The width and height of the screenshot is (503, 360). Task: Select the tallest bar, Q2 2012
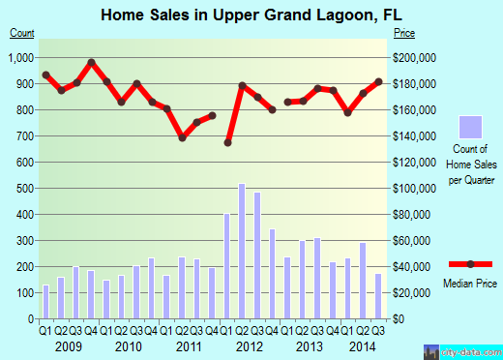(x=241, y=251)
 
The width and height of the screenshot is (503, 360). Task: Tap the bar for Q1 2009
(x=45, y=301)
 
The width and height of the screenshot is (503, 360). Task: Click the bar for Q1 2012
(x=227, y=266)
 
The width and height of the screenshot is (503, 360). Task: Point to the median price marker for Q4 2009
(x=91, y=63)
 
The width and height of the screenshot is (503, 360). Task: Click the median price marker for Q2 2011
(x=182, y=137)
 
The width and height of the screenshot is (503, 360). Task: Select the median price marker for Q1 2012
(x=227, y=142)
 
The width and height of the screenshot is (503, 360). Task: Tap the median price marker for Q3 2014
(x=378, y=81)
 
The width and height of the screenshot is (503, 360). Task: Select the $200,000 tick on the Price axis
(x=414, y=58)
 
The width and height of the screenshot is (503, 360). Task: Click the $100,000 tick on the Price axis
(x=414, y=188)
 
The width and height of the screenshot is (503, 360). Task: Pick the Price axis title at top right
(x=403, y=33)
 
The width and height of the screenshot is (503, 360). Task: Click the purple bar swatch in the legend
(x=470, y=127)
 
